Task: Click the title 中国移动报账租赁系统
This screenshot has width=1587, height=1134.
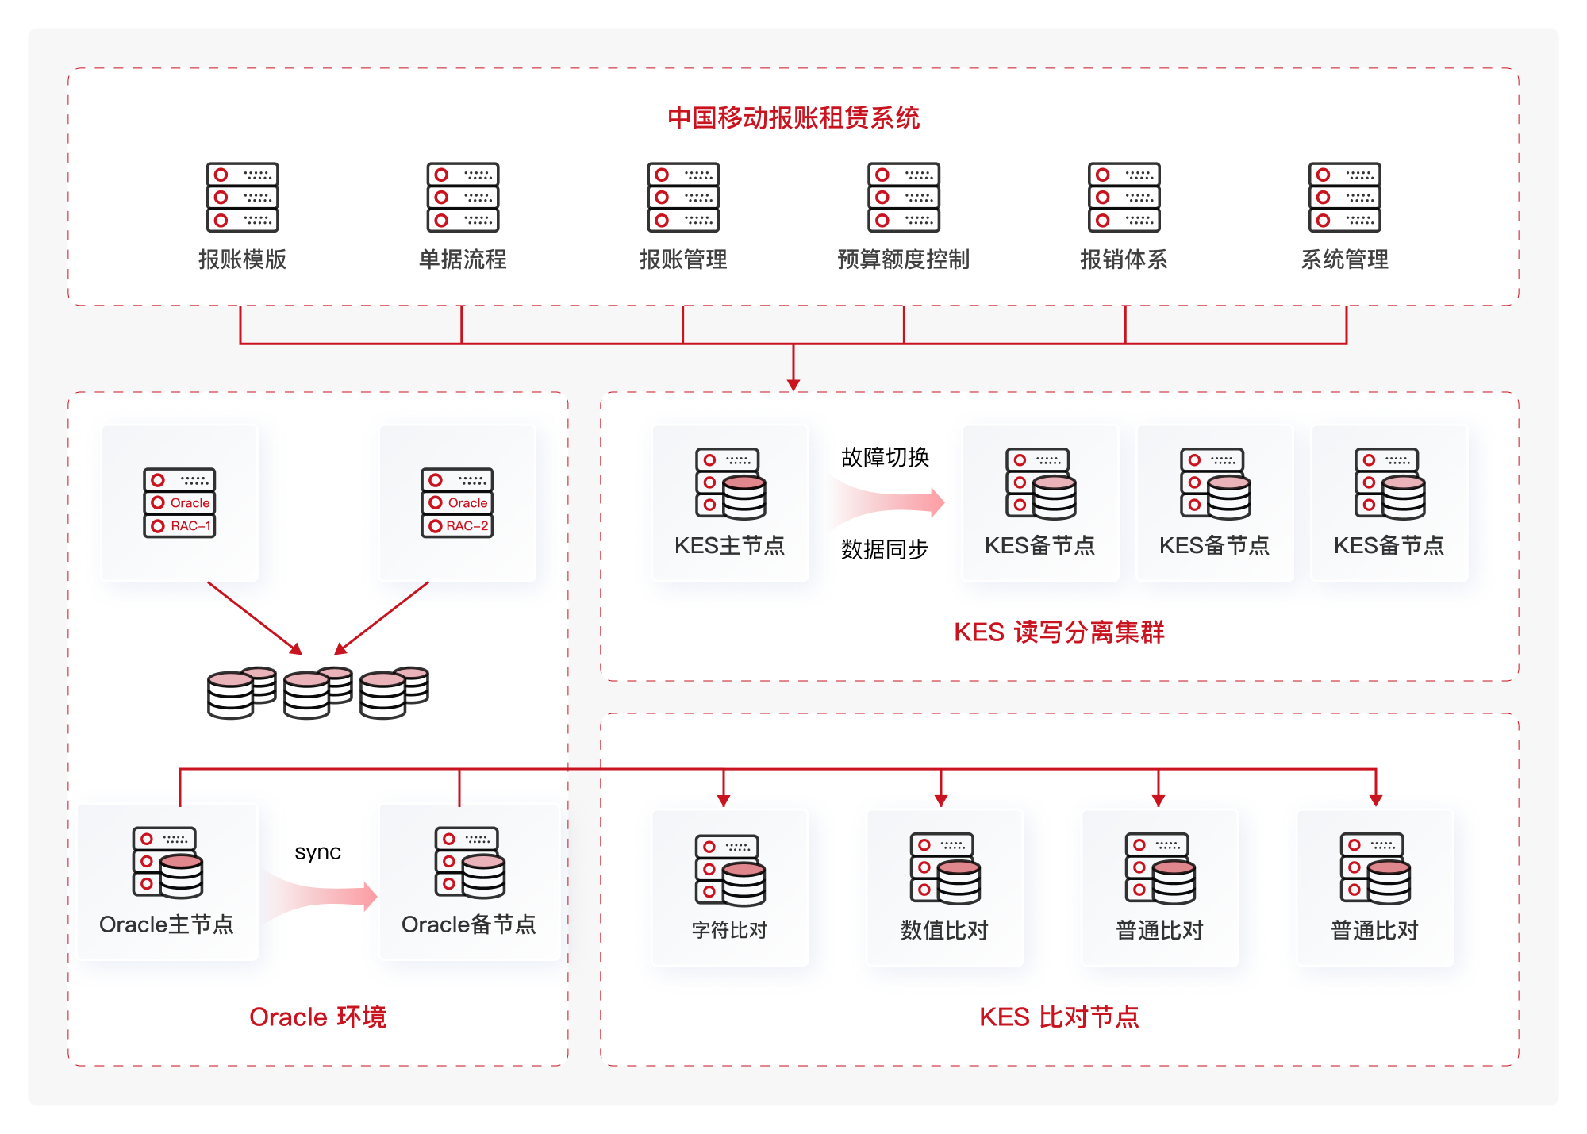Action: (x=793, y=117)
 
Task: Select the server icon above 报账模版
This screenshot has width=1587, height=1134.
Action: (x=242, y=198)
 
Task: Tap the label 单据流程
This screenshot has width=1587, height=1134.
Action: (x=463, y=259)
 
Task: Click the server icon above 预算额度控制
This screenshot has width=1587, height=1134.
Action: (x=904, y=198)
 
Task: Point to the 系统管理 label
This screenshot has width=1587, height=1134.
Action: (x=1344, y=259)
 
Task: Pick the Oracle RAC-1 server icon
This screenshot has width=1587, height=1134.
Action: (x=179, y=503)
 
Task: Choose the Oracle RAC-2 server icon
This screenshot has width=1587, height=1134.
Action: (x=457, y=503)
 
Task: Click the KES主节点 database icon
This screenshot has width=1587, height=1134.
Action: (x=731, y=483)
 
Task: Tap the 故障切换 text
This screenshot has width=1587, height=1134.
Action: (x=885, y=457)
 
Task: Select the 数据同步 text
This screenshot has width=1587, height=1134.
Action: (x=885, y=549)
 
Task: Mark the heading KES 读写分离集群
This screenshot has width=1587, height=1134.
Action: (x=1059, y=632)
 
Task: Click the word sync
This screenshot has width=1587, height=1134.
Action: (x=317, y=852)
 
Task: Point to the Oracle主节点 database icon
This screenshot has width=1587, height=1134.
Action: (x=167, y=863)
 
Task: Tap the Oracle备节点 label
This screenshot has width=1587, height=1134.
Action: (x=469, y=924)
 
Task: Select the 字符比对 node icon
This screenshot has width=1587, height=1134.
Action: (x=730, y=870)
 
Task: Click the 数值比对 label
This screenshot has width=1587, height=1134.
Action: (x=944, y=930)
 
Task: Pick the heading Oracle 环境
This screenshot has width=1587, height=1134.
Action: (x=317, y=1017)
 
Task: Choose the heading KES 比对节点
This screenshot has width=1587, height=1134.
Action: (x=1059, y=1017)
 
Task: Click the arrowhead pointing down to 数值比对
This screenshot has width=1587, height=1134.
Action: (x=941, y=800)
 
